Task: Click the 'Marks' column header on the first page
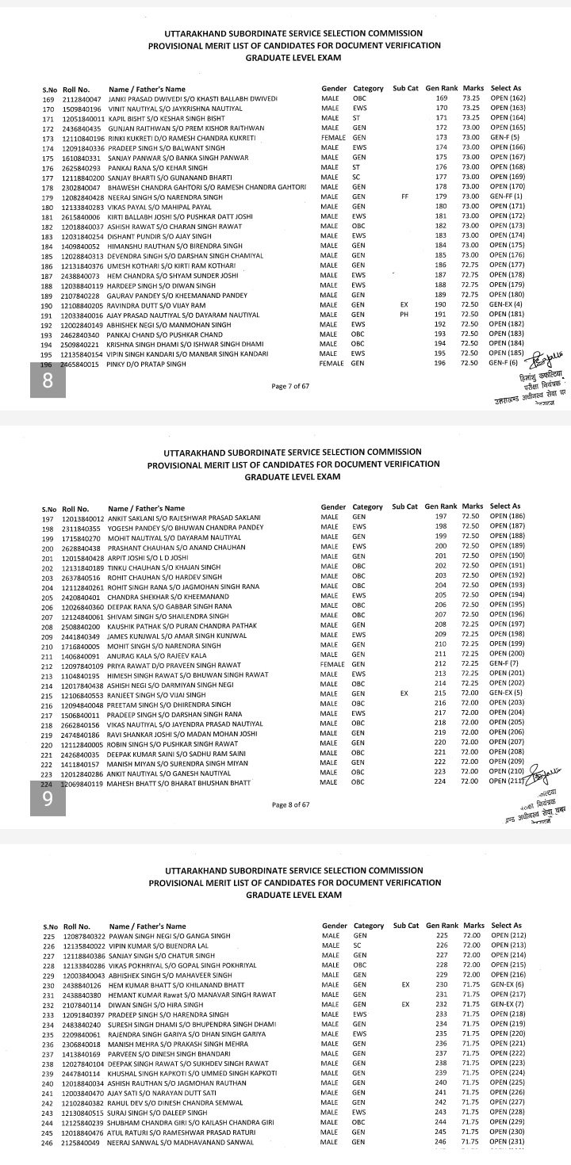click(x=473, y=88)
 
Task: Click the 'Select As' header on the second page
click(x=505, y=506)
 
